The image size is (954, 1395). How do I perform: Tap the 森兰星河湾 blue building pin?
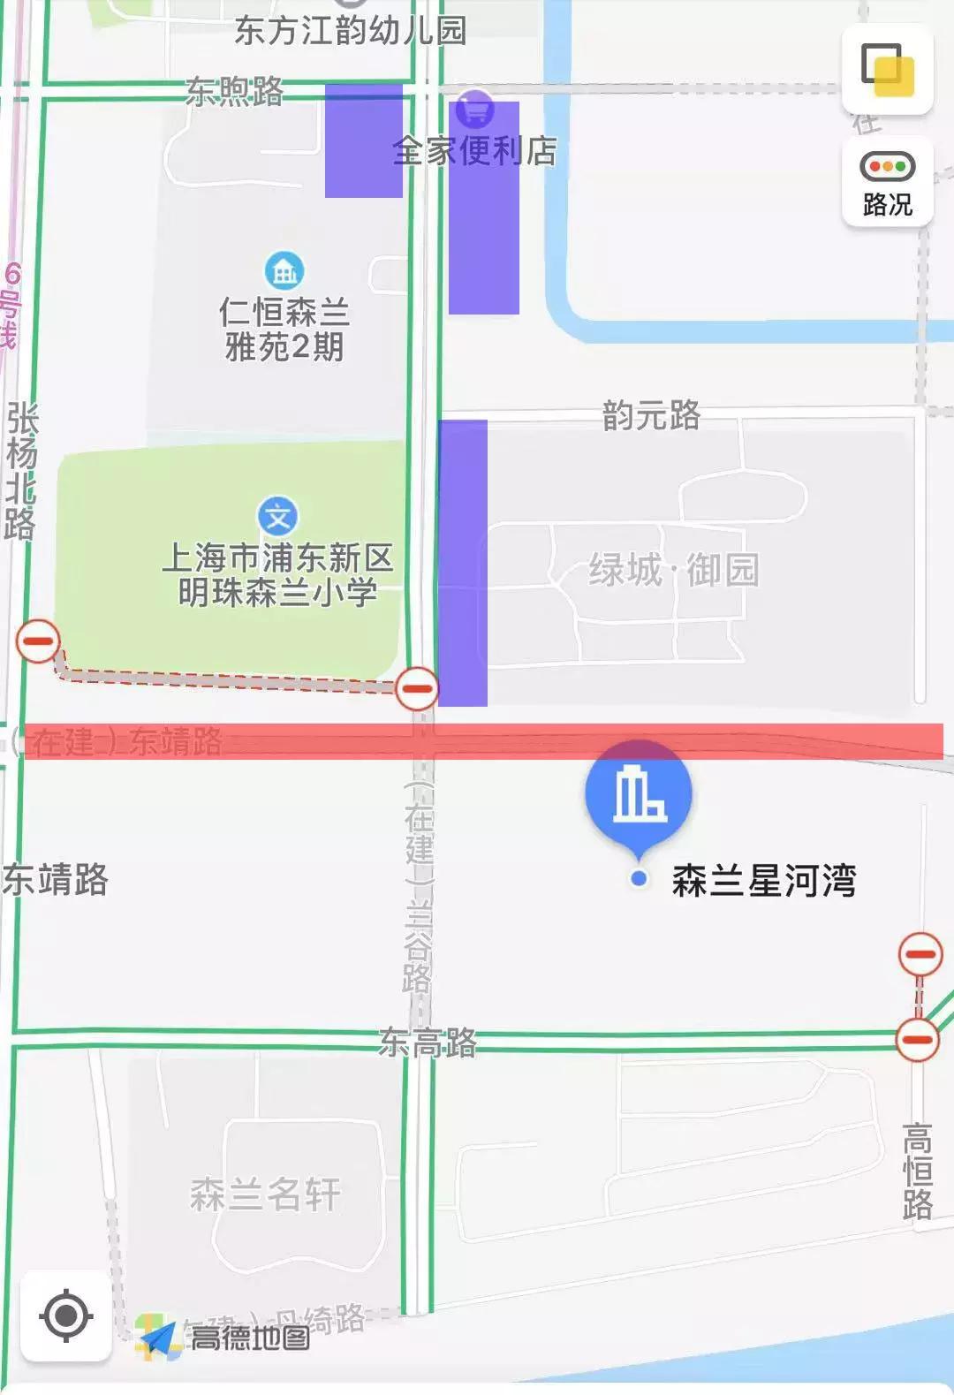coord(639,792)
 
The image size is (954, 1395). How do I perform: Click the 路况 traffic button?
coord(887,183)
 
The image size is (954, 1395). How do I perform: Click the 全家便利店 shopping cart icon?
coord(476,110)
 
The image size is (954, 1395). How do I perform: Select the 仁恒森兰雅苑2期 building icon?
coord(284,270)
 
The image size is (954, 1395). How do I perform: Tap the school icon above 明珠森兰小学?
coord(277,517)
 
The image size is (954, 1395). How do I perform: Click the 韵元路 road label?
coord(651,414)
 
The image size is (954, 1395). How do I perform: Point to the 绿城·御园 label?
coord(674,570)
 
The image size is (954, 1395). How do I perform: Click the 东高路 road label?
coord(428,1042)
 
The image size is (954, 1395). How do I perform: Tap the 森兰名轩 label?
coord(265,1194)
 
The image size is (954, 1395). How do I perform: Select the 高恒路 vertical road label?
coord(918,1171)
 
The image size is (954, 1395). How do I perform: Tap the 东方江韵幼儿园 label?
coord(350,31)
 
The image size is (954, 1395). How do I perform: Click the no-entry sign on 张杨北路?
coord(38,641)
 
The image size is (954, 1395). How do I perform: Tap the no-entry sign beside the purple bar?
coord(416,688)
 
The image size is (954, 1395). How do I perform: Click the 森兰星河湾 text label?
coord(763,881)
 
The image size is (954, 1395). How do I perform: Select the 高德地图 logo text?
coord(250,1338)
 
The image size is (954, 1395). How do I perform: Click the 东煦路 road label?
coord(235,90)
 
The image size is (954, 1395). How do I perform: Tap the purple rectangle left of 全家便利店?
coord(363,140)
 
